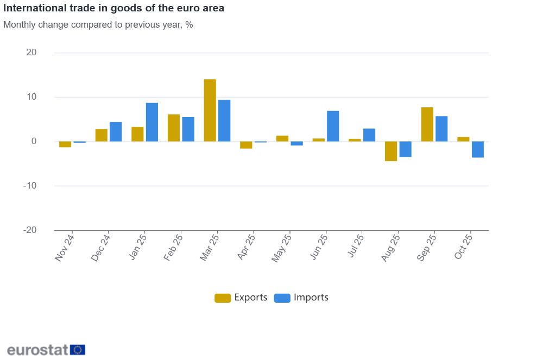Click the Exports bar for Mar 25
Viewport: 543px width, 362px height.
210,111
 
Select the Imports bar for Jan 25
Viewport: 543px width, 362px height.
152,122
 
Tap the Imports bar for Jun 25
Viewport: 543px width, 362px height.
333,126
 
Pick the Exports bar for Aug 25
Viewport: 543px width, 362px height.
391,151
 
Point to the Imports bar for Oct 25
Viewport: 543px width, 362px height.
478,150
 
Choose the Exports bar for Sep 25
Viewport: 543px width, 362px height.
427,125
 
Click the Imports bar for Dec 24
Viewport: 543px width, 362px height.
116,132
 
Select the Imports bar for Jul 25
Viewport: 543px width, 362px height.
369,135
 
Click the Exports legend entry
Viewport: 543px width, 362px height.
241,298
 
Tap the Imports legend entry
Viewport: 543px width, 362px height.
301,298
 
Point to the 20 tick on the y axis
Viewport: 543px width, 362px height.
31,53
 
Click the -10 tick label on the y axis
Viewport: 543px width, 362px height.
30,186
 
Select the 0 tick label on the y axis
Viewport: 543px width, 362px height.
34,141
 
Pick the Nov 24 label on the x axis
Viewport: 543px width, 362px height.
65,247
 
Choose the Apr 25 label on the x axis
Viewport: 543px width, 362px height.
246,247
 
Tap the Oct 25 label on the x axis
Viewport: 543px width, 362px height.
463,247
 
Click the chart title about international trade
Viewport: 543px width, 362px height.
113,9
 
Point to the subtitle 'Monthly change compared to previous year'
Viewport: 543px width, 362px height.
98,24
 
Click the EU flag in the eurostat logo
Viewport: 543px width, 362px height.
78,350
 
